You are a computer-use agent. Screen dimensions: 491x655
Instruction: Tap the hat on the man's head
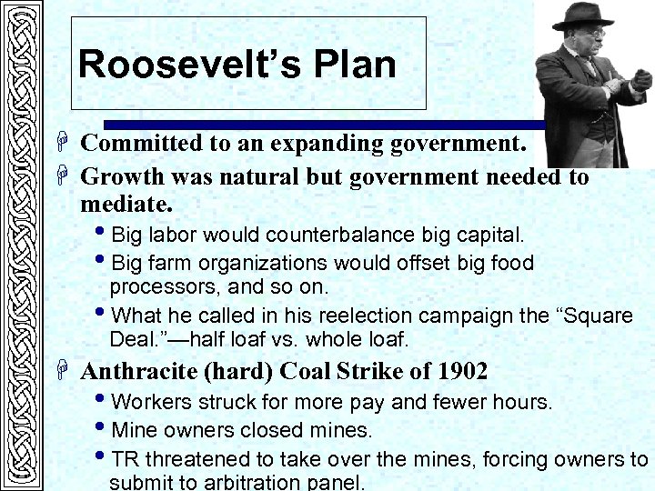[x=582, y=14]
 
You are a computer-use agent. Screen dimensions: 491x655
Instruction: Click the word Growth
[x=120, y=176]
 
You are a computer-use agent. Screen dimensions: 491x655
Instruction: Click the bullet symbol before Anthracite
[x=65, y=371]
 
